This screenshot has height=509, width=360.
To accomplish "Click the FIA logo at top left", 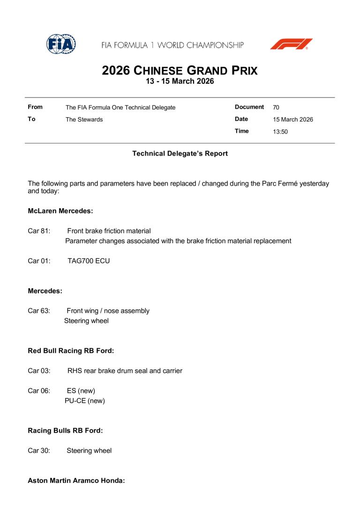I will click(x=61, y=45).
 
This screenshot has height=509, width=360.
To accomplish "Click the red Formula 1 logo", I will click(x=291, y=45).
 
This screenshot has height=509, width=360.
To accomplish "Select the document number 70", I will click(x=276, y=107).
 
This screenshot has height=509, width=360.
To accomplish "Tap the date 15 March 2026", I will click(x=293, y=120).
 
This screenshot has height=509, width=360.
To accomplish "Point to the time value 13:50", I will click(x=280, y=132).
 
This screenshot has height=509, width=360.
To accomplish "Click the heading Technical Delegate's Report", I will click(x=180, y=154).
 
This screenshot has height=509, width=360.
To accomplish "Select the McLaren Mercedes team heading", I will click(x=60, y=211).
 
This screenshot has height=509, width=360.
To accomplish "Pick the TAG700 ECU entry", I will click(x=89, y=261).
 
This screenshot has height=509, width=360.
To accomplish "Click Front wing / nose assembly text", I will click(x=108, y=311).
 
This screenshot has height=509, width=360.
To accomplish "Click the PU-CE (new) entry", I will click(x=85, y=401).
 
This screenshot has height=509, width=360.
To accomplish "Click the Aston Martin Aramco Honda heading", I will click(x=76, y=480).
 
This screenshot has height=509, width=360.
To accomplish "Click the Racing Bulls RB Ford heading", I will click(x=65, y=431).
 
